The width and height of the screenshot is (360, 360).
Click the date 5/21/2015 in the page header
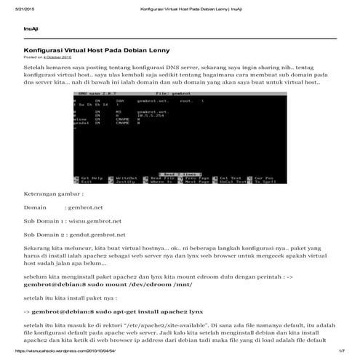[14, 7]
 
